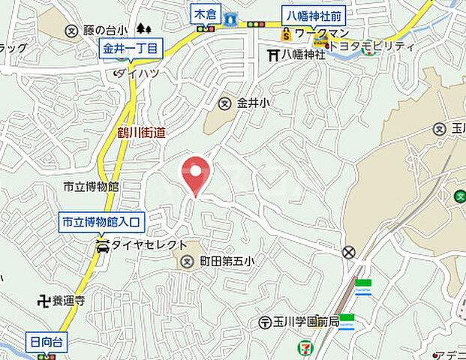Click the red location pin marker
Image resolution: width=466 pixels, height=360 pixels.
coord(195,174)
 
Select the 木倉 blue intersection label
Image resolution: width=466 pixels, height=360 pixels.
coord(203,13)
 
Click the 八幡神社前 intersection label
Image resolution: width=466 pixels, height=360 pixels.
coord(313,15)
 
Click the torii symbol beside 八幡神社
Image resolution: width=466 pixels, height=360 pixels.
coord(273,54)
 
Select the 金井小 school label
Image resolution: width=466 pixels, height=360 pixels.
coord(254,103)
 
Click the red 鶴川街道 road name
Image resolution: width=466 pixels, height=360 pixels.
coord(141,133)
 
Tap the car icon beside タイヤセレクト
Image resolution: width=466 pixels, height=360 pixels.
coord(103,244)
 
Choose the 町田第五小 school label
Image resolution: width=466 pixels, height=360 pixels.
coord(227,262)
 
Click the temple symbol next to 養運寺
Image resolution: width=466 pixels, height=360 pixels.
coord(44,301)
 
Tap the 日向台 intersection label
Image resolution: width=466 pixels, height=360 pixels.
coord(47,343)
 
